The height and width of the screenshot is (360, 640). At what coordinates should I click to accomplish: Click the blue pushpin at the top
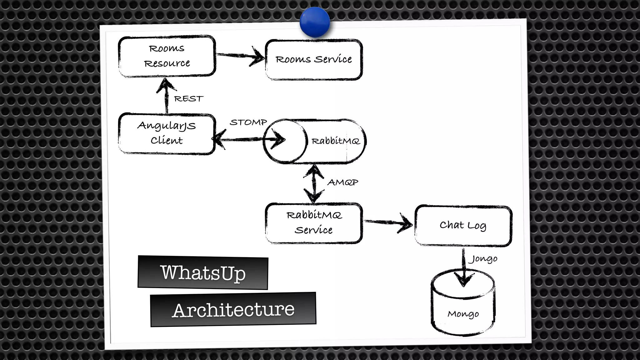(315, 22)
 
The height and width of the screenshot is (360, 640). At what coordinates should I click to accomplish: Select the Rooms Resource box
(167, 56)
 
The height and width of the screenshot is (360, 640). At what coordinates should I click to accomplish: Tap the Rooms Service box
(314, 59)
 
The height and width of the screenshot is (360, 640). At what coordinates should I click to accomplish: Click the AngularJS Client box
(167, 133)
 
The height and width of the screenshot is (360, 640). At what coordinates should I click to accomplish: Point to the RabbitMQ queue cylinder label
(336, 141)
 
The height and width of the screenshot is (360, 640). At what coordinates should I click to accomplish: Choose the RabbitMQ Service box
(314, 223)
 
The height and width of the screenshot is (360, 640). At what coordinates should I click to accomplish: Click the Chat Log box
(463, 225)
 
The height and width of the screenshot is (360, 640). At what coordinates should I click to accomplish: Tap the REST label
(188, 99)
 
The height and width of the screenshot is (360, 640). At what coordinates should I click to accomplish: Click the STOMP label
(248, 122)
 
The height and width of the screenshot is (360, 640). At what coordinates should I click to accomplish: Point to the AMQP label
(343, 182)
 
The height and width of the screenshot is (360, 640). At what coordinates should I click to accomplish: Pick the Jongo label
(484, 259)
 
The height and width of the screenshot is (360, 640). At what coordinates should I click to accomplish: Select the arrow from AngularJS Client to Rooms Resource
(166, 95)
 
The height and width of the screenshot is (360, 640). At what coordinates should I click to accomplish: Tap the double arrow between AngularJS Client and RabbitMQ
(244, 139)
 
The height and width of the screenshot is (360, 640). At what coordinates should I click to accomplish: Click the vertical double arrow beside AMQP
(314, 183)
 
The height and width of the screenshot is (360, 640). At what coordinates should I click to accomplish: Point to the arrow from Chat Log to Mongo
(464, 266)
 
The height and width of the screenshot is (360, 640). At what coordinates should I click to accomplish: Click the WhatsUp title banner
(203, 272)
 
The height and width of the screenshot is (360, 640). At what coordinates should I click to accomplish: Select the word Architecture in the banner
(233, 310)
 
